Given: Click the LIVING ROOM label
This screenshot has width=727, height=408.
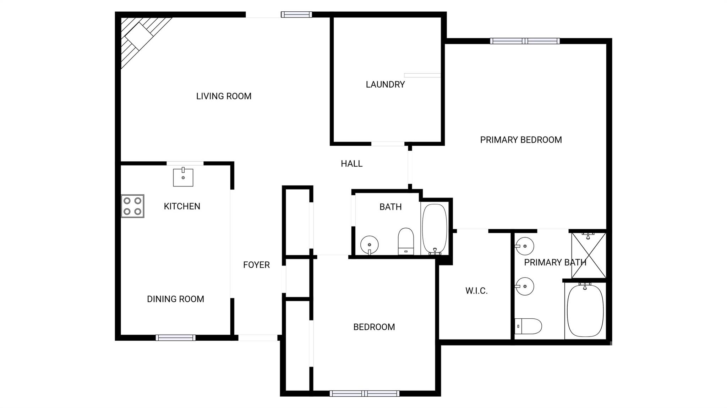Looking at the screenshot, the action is click(x=224, y=96).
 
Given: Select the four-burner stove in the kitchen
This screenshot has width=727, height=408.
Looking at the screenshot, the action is click(x=132, y=206).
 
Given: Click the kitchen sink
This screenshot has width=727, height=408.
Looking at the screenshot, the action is click(x=183, y=177).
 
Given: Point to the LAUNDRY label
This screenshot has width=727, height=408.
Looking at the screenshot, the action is click(x=385, y=84).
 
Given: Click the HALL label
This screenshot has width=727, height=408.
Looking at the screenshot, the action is click(x=351, y=164).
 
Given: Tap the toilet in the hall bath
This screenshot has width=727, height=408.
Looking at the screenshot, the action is click(x=406, y=241).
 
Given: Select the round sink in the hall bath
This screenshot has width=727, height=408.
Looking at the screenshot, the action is click(x=370, y=245).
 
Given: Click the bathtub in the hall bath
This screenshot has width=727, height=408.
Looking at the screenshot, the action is click(x=434, y=229).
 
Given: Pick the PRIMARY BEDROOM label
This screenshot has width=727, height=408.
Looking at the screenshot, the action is click(x=521, y=140).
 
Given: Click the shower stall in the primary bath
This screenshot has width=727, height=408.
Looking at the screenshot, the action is click(x=589, y=255).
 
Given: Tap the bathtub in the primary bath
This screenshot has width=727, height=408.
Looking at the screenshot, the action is click(x=585, y=310).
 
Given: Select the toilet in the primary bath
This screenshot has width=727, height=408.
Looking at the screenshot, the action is click(x=528, y=326).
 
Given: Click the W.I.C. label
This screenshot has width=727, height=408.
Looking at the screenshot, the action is click(x=476, y=291).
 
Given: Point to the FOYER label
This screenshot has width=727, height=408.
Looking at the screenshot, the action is click(x=256, y=265).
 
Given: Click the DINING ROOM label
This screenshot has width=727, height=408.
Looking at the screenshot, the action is click(x=175, y=299).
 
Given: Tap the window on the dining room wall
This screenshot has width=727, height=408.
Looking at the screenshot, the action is click(x=175, y=338).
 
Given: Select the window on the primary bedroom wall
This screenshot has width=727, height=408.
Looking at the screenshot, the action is click(x=525, y=41).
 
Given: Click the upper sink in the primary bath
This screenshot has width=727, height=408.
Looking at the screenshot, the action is click(x=524, y=246).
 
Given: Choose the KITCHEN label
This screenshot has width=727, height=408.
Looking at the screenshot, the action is click(x=182, y=206).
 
